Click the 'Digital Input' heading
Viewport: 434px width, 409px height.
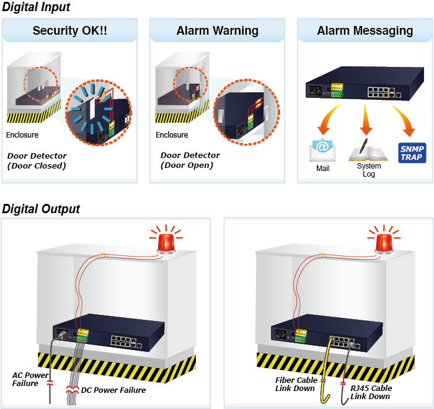tap(36, 7)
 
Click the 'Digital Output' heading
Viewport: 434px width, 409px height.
tap(41, 208)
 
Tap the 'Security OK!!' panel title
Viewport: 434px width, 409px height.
tap(69, 30)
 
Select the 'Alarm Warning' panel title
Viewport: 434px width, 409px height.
tap(217, 30)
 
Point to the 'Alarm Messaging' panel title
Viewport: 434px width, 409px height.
tap(365, 30)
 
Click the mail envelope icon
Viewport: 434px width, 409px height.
tap(322, 151)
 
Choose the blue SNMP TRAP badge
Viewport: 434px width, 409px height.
tap(412, 152)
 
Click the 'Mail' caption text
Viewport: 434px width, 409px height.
tap(322, 169)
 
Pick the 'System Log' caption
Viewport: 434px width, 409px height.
tap(369, 170)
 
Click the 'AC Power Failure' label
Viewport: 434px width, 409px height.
tap(30, 379)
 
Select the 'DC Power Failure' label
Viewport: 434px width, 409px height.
tap(113, 390)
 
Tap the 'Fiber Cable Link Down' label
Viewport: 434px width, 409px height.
tap(296, 384)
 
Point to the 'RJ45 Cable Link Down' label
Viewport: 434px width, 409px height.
tap(370, 392)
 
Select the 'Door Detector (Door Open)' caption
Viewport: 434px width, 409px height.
tap(190, 160)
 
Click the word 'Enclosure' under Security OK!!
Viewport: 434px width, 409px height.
tap(22, 135)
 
